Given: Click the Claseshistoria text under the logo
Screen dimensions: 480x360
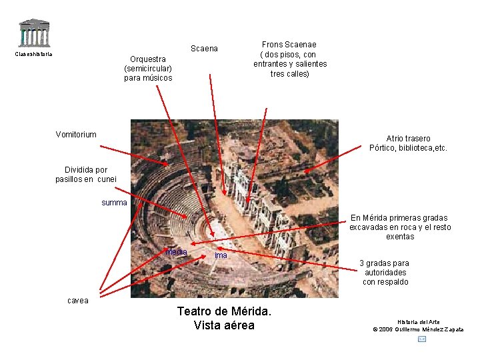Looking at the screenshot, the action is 33,54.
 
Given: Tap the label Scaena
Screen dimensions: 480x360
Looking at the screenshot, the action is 204,49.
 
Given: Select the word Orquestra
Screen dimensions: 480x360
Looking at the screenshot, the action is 148,59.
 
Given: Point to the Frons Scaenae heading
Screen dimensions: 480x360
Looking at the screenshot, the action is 289,45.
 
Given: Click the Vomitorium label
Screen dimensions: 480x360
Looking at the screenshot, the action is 76,134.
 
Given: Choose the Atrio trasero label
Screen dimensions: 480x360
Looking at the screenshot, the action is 408,139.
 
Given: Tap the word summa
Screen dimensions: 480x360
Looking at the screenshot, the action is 114,202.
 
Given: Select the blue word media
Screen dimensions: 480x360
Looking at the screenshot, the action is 177,252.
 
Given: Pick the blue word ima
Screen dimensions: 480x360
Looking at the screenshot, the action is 221,255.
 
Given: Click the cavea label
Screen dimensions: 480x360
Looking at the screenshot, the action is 77,300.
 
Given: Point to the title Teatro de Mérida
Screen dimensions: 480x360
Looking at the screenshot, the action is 224,311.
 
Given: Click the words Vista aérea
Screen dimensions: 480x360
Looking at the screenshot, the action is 224,325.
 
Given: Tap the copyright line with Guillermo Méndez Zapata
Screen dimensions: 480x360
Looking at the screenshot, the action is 418,329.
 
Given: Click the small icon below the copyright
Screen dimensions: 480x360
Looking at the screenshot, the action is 421,339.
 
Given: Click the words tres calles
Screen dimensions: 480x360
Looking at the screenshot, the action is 289,73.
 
